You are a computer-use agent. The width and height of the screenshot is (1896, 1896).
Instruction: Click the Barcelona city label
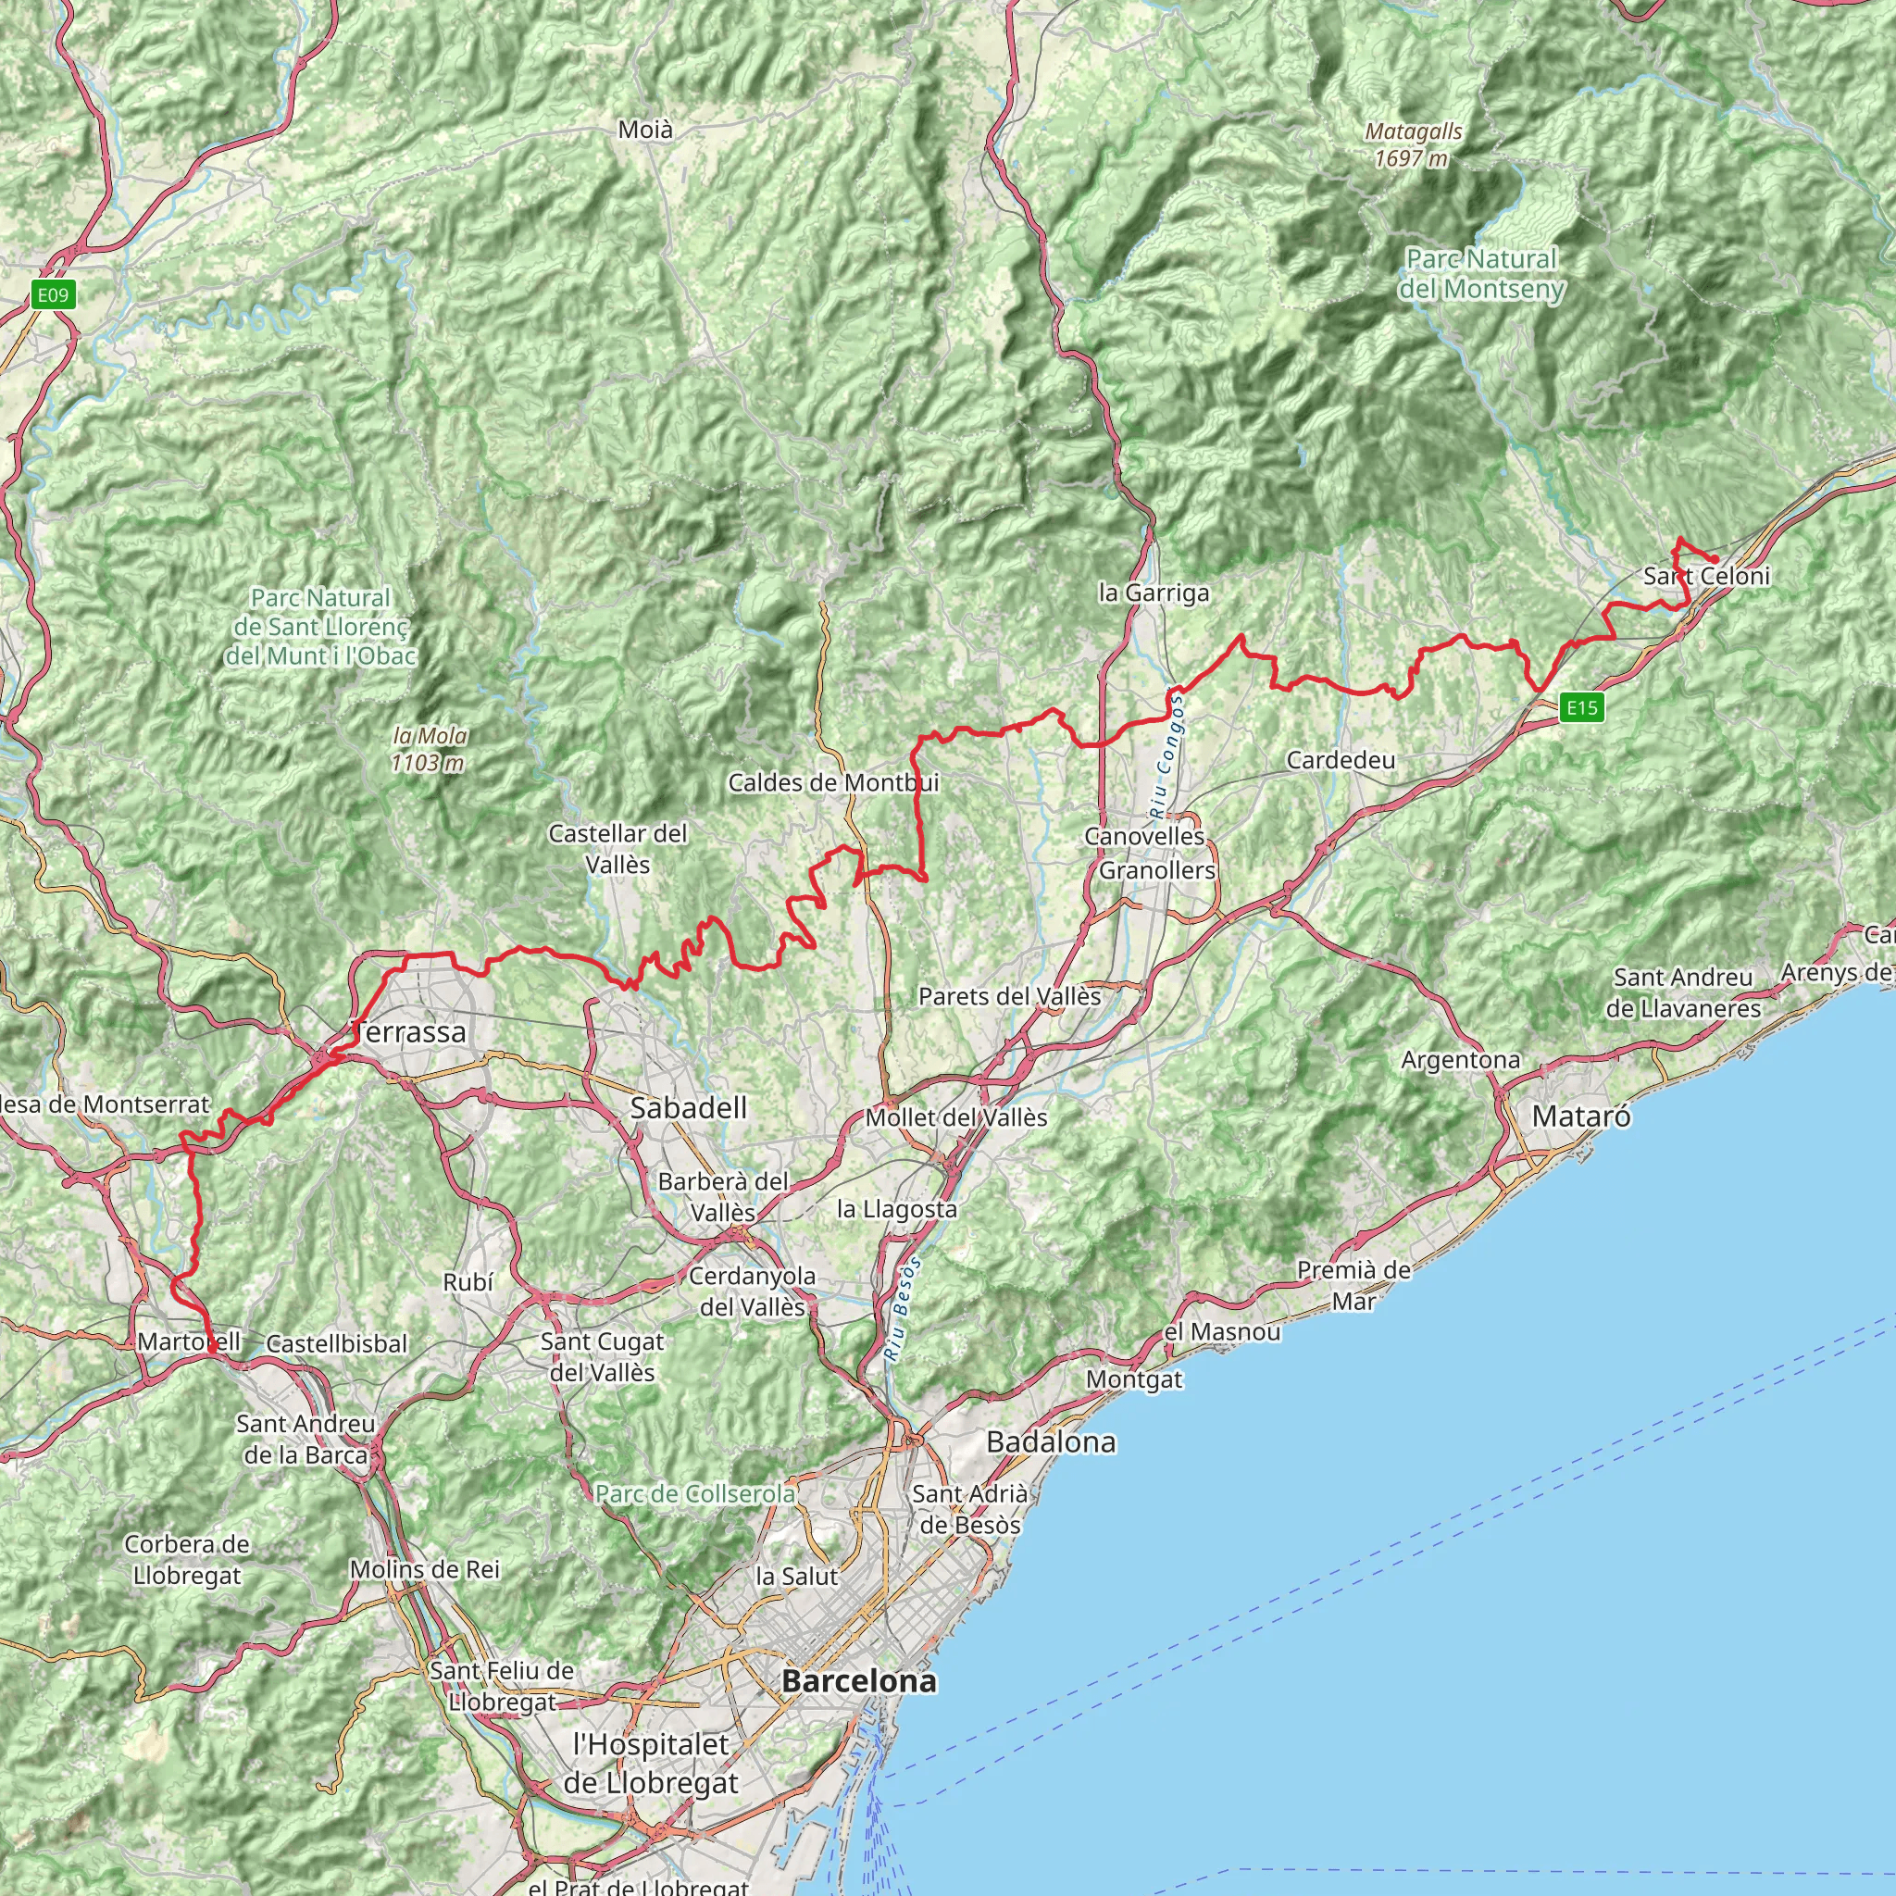(859, 1681)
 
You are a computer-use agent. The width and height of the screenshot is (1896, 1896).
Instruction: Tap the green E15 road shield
(1582, 706)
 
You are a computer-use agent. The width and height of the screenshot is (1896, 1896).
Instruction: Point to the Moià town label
(646, 130)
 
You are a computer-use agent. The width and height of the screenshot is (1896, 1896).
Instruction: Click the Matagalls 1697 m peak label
(1413, 144)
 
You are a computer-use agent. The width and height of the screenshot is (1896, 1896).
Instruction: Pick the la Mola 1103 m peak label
(429, 749)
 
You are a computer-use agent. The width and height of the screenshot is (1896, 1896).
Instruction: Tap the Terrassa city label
(409, 1031)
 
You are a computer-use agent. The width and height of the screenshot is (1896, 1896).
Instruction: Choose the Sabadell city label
(688, 1108)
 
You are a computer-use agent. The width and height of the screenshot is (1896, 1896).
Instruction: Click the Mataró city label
(1581, 1116)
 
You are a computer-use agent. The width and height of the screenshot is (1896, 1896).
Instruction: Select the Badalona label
(1051, 1441)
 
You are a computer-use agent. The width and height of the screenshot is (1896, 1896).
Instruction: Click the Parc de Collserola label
(695, 1493)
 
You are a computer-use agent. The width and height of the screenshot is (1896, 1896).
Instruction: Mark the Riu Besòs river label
(904, 1308)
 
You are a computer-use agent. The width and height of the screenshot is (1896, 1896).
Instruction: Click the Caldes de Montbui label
(833, 782)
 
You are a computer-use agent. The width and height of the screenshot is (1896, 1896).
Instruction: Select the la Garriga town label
(1154, 592)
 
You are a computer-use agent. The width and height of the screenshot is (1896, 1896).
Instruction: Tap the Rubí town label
(468, 1281)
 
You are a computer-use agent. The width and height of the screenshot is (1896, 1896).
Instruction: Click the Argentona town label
(1460, 1060)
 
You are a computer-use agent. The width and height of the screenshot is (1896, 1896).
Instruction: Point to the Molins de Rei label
(425, 1569)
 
